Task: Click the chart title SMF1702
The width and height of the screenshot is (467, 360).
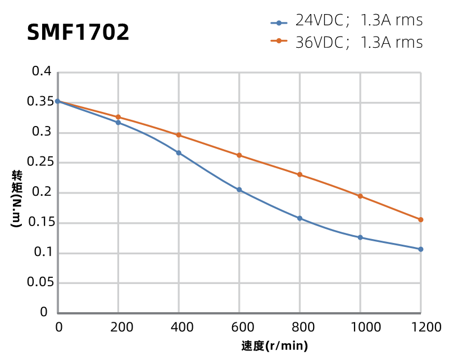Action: [x=78, y=33]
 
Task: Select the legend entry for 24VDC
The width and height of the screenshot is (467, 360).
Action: [x=347, y=21]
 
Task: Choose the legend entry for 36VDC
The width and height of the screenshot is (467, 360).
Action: [x=347, y=42]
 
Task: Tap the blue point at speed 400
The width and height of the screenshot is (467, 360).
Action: [x=179, y=153]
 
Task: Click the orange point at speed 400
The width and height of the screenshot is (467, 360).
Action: [x=179, y=135]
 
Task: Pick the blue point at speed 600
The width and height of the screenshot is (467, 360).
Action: [x=239, y=190]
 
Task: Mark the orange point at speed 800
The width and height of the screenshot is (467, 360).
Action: [x=300, y=174]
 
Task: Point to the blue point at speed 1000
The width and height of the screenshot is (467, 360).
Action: [x=360, y=237]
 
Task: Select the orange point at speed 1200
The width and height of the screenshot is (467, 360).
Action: [x=420, y=220]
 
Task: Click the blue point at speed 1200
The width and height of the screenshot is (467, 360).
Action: [x=420, y=249]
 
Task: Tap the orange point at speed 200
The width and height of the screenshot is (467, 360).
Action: [x=118, y=117]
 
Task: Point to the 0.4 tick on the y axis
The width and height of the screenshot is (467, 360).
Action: [x=42, y=71]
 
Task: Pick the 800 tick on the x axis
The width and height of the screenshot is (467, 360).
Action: [x=300, y=327]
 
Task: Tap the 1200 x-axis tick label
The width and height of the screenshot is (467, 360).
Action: [x=421, y=327]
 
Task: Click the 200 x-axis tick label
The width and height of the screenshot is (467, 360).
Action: [x=118, y=327]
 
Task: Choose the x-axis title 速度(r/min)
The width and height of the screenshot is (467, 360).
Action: [x=275, y=346]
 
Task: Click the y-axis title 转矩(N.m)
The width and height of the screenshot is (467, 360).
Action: [x=16, y=198]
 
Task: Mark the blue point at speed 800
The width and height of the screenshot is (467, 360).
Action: [x=300, y=218]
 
